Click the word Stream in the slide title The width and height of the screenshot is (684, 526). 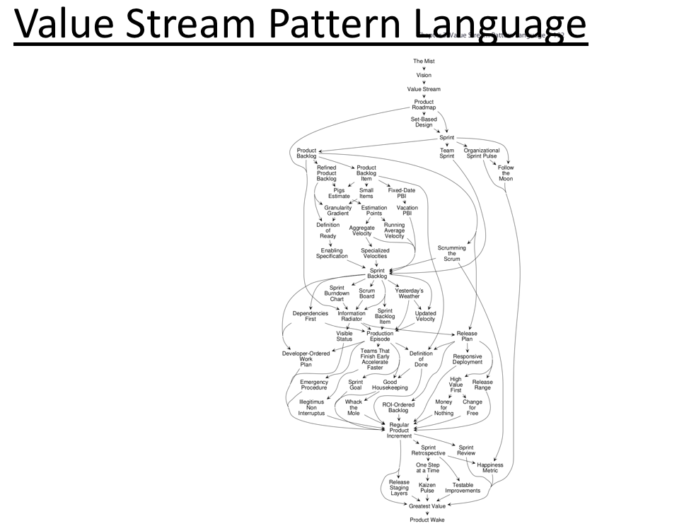tap(165, 26)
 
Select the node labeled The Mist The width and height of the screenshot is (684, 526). tap(424, 62)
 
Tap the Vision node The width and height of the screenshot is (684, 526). tap(424, 75)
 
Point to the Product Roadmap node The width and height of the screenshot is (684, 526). tap(424, 105)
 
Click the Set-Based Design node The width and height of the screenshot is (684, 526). tap(424, 122)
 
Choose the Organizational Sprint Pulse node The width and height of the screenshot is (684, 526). tap(481, 153)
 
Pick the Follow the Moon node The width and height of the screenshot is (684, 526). tap(506, 173)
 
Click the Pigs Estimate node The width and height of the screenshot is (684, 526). tap(339, 193)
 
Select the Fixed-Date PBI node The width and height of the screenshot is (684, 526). tap(402, 193)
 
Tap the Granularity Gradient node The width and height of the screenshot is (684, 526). tap(338, 211)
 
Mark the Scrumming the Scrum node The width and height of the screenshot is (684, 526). tap(452, 253)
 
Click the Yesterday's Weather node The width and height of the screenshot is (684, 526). tap(409, 293)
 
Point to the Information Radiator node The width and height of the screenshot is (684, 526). tap(352, 316)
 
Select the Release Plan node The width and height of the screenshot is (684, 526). tap(467, 337)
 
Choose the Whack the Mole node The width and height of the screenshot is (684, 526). tap(354, 407)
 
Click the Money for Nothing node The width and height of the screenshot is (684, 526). tap(444, 407)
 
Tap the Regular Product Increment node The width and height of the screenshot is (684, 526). tap(399, 430)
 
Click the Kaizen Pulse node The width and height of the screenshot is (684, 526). tap(427, 488)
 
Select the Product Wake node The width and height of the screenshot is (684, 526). tap(427, 520)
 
